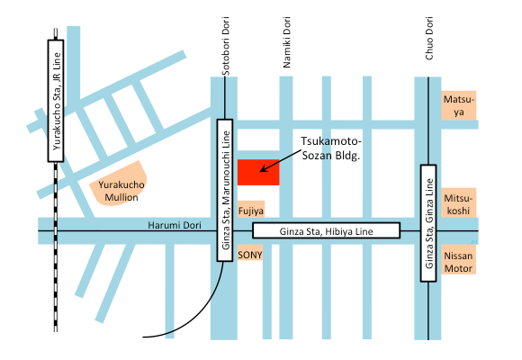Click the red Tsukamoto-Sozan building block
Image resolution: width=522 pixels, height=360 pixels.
pyautogui.click(x=258, y=172)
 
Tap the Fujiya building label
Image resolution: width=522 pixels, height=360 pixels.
pyautogui.click(x=251, y=209)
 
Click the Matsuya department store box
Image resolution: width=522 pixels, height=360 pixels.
pyautogui.click(x=458, y=105)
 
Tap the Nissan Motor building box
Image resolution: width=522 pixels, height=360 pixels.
pyautogui.click(x=458, y=260)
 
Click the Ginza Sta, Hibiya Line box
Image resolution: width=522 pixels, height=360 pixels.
pyautogui.click(x=326, y=230)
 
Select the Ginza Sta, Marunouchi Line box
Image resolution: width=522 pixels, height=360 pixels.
pyautogui.click(x=225, y=190)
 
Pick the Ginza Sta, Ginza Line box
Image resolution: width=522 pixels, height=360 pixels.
pyautogui.click(x=428, y=223)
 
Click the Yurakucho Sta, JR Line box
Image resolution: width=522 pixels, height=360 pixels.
pyautogui.click(x=56, y=101)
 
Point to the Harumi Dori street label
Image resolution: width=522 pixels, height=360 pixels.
pyautogui.click(x=175, y=225)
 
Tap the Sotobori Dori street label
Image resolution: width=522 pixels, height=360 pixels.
pyautogui.click(x=226, y=46)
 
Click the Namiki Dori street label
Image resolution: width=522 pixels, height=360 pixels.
pyautogui.click(x=286, y=42)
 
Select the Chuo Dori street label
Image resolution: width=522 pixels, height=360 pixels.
pyautogui.click(x=429, y=39)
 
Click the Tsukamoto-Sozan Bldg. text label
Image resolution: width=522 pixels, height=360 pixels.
pyautogui.click(x=331, y=148)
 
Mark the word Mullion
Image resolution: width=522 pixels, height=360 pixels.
pyautogui.click(x=121, y=197)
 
